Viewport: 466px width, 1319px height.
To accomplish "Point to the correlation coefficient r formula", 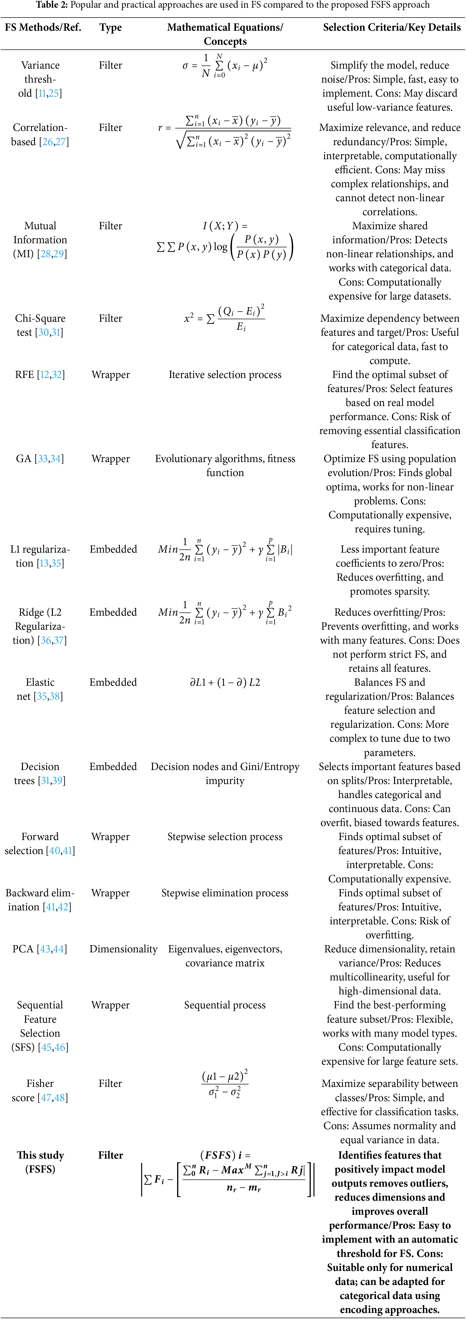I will pyautogui.click(x=225, y=132).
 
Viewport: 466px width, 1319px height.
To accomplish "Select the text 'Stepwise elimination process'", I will pyautogui.click(x=225, y=893).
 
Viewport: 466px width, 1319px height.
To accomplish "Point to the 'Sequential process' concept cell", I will pyautogui.click(x=225, y=1005).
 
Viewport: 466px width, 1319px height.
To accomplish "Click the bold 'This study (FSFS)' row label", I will pyautogui.click(x=40, y=1162).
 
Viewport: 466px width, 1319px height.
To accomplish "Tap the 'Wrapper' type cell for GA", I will pyautogui.click(x=111, y=459).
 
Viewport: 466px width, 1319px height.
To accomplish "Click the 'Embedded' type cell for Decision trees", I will pyautogui.click(x=113, y=767).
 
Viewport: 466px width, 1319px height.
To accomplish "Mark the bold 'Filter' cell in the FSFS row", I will pyautogui.click(x=111, y=1155).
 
